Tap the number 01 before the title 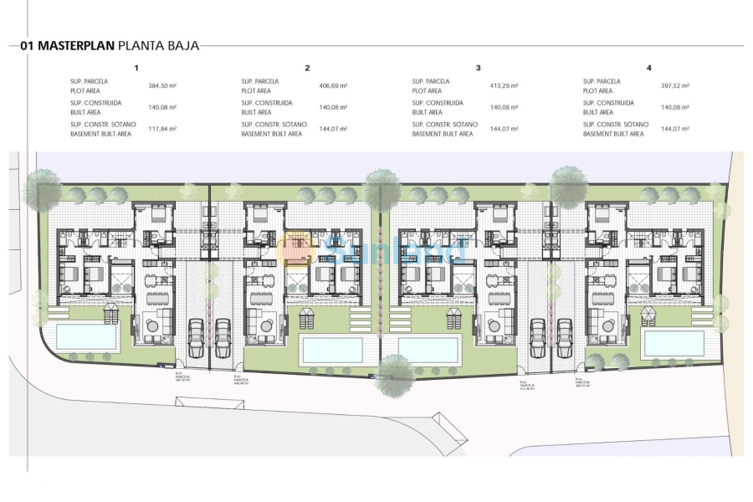[28, 46]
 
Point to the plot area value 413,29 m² [504, 85]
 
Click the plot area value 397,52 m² [674, 85]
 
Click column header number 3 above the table [478, 68]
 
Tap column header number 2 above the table [307, 68]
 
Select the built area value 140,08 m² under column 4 [674, 107]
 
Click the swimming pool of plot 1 [86, 337]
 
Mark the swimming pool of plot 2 [332, 350]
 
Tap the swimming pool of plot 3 [428, 350]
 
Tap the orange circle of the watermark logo [299, 248]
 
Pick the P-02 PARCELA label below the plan [240, 381]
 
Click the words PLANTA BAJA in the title [159, 46]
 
